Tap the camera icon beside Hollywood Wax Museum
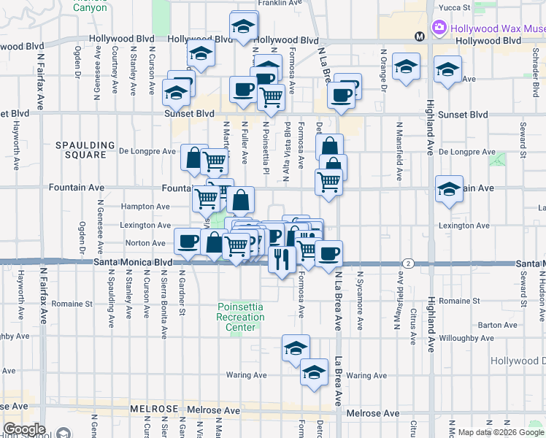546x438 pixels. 439,28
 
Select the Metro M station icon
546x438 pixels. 419,36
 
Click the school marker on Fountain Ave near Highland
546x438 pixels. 449,188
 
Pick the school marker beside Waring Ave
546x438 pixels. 314,372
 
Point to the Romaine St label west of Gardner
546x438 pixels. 77,302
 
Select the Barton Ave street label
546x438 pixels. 499,325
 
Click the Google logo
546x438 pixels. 25,429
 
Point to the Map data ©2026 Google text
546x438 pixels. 501,432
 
